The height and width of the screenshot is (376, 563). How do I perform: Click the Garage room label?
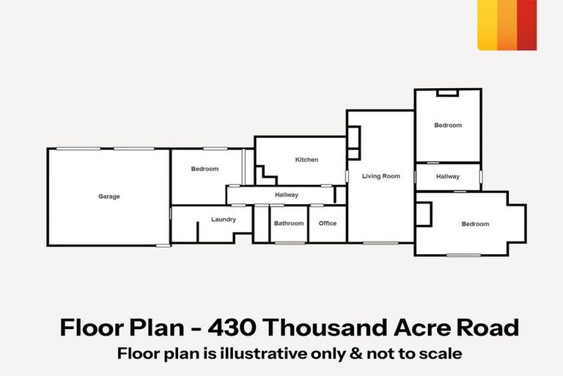pyautogui.click(x=109, y=197)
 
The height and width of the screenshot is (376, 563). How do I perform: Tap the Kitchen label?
pyautogui.click(x=306, y=160)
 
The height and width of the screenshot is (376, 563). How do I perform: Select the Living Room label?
pyautogui.click(x=381, y=176)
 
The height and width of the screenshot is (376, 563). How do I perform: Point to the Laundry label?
pyautogui.click(x=224, y=220)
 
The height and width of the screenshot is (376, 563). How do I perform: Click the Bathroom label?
pyautogui.click(x=289, y=223)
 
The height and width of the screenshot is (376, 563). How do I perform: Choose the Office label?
pyautogui.click(x=328, y=223)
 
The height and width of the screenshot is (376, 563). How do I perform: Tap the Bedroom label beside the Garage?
pyautogui.click(x=205, y=169)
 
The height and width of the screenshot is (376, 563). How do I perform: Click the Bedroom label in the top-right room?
pyautogui.click(x=448, y=126)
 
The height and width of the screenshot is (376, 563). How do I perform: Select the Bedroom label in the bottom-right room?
pyautogui.click(x=475, y=224)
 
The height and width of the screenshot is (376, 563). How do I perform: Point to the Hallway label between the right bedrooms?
pyautogui.click(x=448, y=177)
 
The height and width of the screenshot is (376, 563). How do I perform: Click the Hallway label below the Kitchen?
pyautogui.click(x=287, y=195)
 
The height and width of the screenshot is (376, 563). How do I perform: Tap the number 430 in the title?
pyautogui.click(x=232, y=328)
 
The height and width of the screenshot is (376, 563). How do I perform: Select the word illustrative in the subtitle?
pyautogui.click(x=264, y=353)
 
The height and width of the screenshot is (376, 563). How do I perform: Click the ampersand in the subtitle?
pyautogui.click(x=356, y=354)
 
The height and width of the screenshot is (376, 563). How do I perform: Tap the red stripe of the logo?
pyautogui.click(x=527, y=25)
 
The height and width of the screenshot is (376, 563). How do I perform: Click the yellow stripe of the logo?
pyautogui.click(x=487, y=25)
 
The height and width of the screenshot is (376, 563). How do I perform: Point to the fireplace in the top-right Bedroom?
pyautogui.click(x=447, y=93)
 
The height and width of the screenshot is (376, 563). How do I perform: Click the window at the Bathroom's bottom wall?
pyautogui.click(x=290, y=243)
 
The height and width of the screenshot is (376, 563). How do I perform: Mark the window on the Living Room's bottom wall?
pyautogui.click(x=380, y=243)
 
